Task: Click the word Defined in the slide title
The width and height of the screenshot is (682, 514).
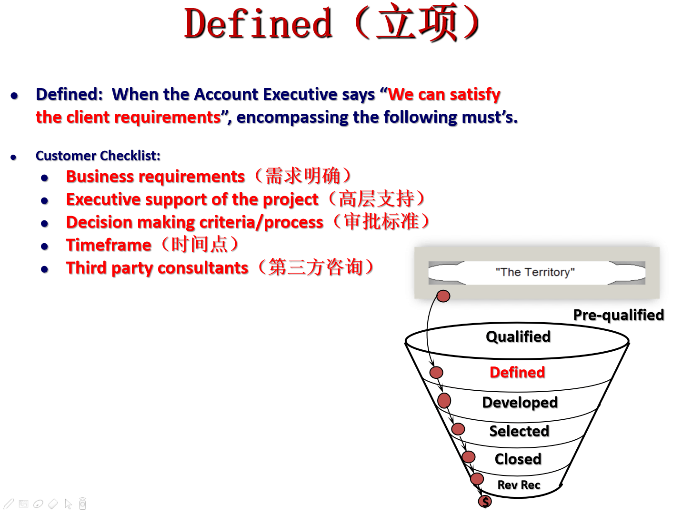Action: click(x=258, y=24)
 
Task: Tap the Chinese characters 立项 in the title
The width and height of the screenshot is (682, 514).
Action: click(x=416, y=22)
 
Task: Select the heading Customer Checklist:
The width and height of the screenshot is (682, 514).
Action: click(x=98, y=156)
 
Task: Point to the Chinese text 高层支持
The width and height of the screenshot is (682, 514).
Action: click(x=376, y=198)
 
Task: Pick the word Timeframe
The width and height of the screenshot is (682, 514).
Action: click(x=109, y=245)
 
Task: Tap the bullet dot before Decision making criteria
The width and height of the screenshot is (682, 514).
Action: click(x=44, y=224)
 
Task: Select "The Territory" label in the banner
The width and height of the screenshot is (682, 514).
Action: click(x=535, y=272)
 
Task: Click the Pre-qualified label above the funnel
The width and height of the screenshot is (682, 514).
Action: click(x=618, y=315)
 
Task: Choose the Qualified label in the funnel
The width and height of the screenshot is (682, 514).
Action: click(x=518, y=337)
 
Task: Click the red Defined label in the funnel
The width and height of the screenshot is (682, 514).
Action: click(x=517, y=372)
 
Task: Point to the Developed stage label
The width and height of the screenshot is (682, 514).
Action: click(x=520, y=403)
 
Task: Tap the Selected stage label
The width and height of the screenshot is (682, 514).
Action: click(x=519, y=431)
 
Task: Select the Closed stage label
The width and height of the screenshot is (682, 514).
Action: click(x=518, y=459)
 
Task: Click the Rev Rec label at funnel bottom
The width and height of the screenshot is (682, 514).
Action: click(x=519, y=484)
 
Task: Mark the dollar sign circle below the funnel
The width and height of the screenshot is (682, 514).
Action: click(x=485, y=501)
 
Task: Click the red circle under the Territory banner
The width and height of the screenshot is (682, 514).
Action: click(x=443, y=296)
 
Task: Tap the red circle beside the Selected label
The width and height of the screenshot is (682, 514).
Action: click(x=458, y=429)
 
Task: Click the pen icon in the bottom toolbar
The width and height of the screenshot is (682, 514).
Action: click(x=9, y=504)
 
